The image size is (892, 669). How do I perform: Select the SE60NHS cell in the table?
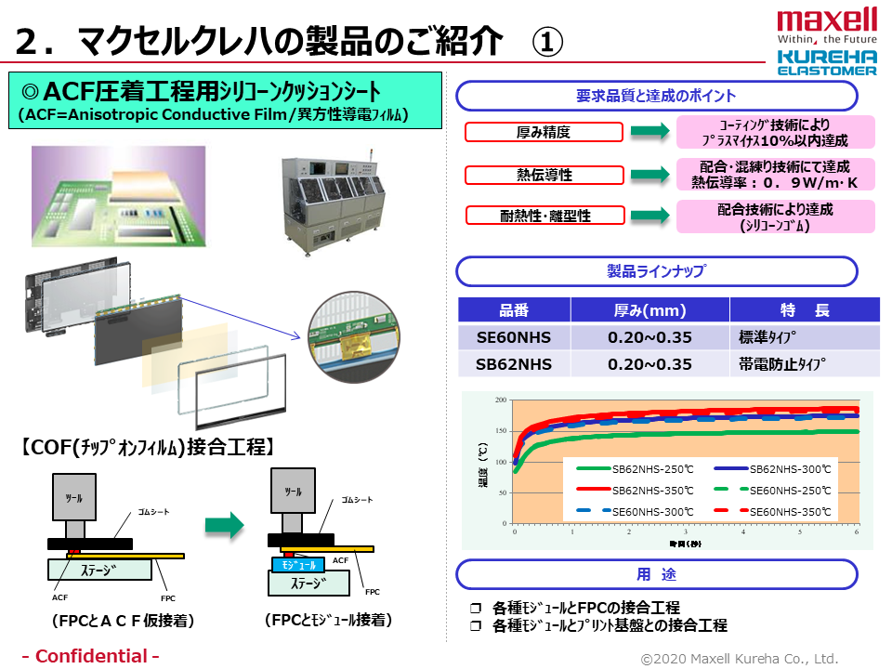click(x=514, y=337)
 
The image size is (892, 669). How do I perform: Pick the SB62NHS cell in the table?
click(x=514, y=363)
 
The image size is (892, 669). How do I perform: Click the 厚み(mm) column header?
click(x=649, y=310)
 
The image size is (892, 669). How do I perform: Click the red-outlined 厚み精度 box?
click(x=544, y=133)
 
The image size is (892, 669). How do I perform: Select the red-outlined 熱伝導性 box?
click(x=544, y=175)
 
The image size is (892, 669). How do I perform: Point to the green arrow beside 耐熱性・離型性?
click(x=649, y=216)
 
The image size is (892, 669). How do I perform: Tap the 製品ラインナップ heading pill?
click(x=655, y=271)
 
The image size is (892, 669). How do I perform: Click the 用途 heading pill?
click(x=655, y=574)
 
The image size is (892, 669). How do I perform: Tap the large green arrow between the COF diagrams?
click(x=224, y=525)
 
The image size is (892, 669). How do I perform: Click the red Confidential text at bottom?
click(x=90, y=656)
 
